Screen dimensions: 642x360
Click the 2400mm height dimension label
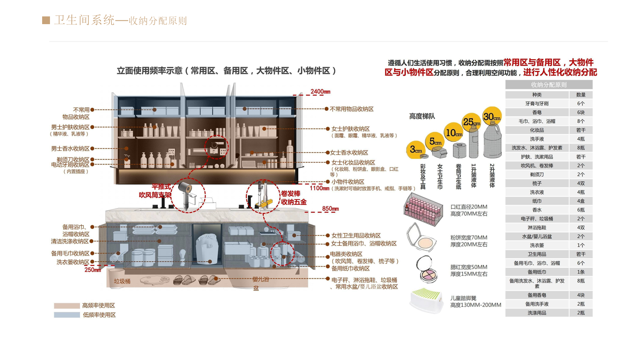tap(320, 91)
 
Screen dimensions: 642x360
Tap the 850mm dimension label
tap(330, 209)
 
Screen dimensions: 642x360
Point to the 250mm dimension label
tap(93, 270)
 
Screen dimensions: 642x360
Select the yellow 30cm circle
tap(492, 117)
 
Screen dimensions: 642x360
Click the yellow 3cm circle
tap(416, 150)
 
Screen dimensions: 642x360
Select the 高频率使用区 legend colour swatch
tap(67, 306)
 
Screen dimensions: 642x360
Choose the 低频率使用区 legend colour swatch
tap(67, 315)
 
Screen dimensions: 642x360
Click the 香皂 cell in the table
tap(537, 113)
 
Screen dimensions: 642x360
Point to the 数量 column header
tap(581, 95)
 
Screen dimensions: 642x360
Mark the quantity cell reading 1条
tap(581, 272)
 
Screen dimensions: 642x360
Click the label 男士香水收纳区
tap(70, 149)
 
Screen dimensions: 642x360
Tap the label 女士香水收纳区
tap(349, 153)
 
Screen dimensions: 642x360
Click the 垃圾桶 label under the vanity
tap(122, 281)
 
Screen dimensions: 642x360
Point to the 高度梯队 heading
tap(422, 116)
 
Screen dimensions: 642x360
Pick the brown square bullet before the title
tap(46, 20)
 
